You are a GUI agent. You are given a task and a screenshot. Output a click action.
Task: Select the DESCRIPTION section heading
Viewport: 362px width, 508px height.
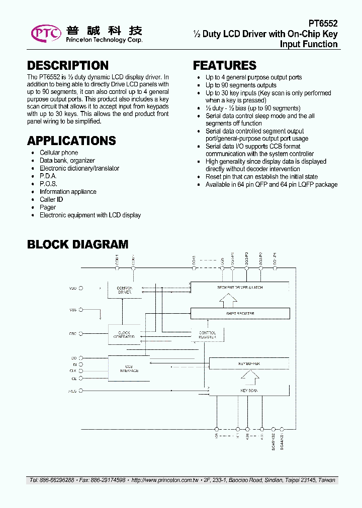pos(67,66)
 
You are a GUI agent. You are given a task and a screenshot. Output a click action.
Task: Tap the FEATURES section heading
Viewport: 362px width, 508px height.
pos(224,66)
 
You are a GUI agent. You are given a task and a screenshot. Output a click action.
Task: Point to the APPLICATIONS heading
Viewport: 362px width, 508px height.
pos(71,141)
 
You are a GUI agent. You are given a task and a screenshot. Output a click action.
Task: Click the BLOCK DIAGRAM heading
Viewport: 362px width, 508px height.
pos(77,244)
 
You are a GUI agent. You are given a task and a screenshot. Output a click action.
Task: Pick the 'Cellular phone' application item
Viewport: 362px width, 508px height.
pos(59,153)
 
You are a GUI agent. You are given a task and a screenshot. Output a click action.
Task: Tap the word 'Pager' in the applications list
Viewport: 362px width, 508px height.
pos(48,207)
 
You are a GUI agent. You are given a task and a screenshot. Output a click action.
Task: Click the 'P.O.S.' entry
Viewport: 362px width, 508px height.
pos(48,184)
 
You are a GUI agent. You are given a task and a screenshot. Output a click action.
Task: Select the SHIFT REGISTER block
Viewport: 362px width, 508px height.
pos(240,313)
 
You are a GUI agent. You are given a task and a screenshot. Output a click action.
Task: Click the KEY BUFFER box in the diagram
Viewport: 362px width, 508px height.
pos(248,363)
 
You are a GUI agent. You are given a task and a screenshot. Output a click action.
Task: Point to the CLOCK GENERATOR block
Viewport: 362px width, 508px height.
pos(124,335)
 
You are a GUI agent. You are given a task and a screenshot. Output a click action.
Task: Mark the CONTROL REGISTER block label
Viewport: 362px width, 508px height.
pos(207,335)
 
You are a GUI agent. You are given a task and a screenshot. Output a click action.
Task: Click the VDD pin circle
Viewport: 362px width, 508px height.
pos(81,289)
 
